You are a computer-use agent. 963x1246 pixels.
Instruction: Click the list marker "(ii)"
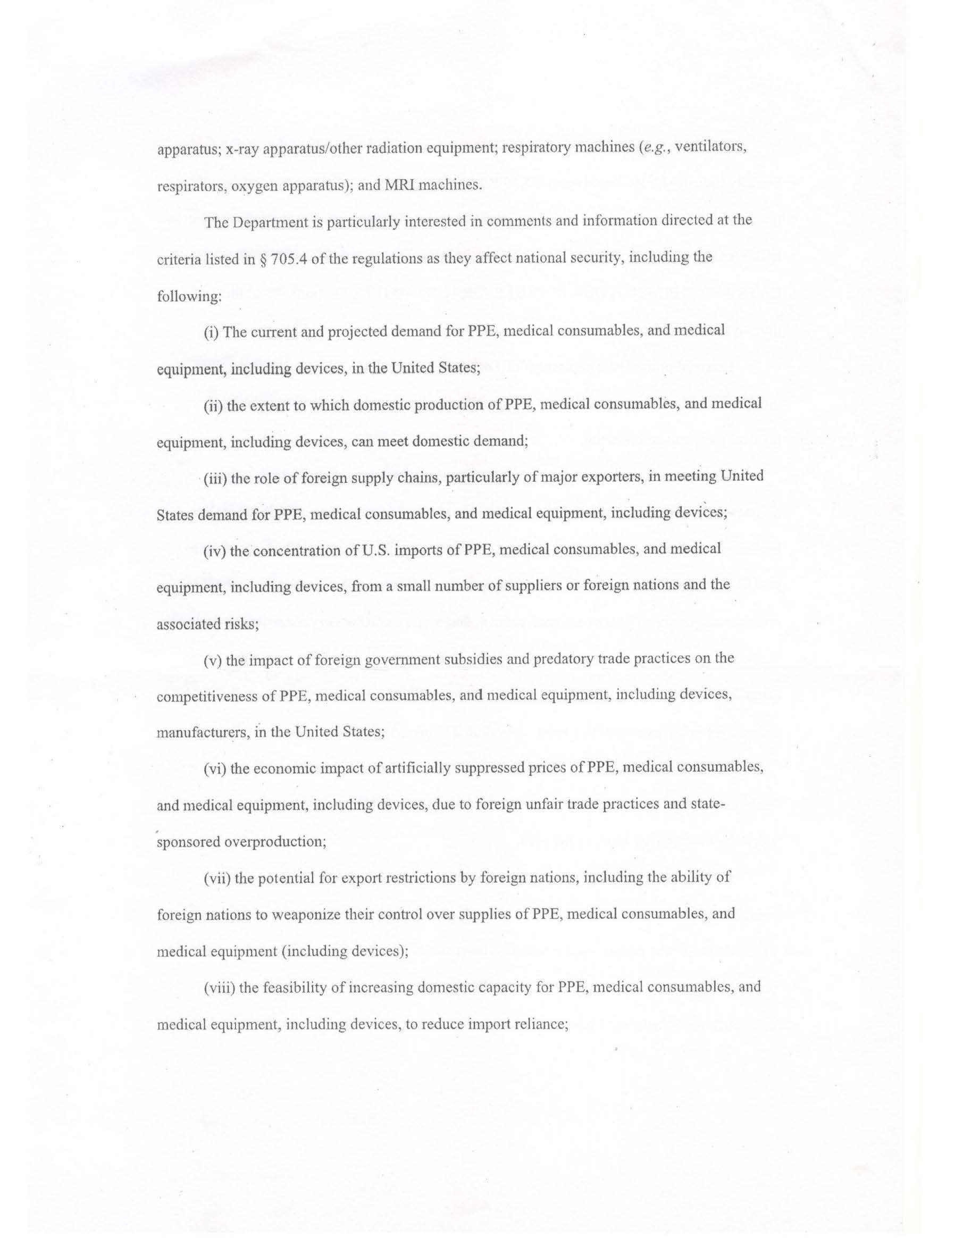[x=213, y=406]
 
